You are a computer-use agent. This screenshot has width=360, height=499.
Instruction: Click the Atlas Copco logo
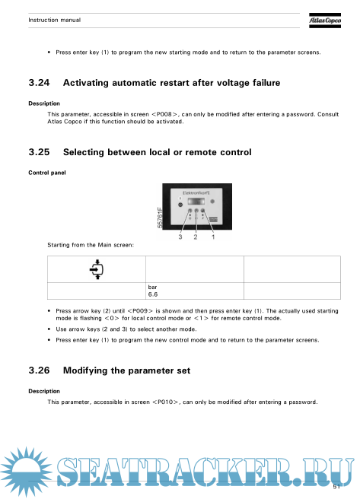pyautogui.click(x=325, y=21)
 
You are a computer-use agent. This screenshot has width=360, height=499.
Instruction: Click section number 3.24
pyautogui.click(x=39, y=83)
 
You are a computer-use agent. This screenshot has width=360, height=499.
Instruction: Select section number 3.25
pyautogui.click(x=39, y=152)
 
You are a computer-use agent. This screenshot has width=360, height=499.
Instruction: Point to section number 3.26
pyautogui.click(x=39, y=370)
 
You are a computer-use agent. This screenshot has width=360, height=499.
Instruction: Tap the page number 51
pyautogui.click(x=336, y=487)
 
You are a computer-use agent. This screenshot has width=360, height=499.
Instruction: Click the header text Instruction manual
pyautogui.click(x=55, y=20)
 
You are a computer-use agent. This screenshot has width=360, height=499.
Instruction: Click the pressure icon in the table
pyautogui.click(x=97, y=269)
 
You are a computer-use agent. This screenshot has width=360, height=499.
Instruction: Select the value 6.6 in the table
pyautogui.click(x=153, y=294)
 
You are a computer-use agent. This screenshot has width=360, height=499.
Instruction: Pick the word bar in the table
pyautogui.click(x=152, y=287)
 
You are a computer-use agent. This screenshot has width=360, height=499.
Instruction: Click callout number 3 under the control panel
pyautogui.click(x=180, y=237)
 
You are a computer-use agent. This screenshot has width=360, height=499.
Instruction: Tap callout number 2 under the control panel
pyautogui.click(x=196, y=237)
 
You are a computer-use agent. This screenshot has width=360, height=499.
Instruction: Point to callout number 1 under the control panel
pyautogui.click(x=213, y=237)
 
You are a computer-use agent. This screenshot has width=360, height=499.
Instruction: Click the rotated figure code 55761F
pyautogui.click(x=160, y=218)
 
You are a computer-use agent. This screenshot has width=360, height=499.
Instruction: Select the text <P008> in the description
pyautogui.click(x=165, y=114)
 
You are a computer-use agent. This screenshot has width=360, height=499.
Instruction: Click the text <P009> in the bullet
pyautogui.click(x=140, y=311)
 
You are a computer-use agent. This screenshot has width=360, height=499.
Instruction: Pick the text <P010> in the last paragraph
pyautogui.click(x=166, y=402)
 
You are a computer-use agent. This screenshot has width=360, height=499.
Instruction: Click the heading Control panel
pyautogui.click(x=47, y=173)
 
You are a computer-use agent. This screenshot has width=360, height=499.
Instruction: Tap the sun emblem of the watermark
pyautogui.click(x=25, y=472)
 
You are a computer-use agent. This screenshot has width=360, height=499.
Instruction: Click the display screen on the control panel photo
pyautogui.click(x=196, y=202)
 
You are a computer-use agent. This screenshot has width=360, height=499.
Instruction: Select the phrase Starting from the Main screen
pyautogui.click(x=91, y=245)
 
